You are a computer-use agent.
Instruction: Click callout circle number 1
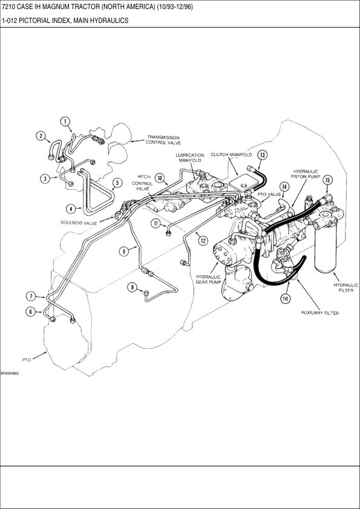click(65, 122)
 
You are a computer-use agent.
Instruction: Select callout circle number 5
click(117, 183)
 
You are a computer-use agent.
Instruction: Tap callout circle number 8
click(133, 287)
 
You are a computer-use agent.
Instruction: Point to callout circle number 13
click(262, 155)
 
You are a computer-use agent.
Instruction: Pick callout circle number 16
click(285, 299)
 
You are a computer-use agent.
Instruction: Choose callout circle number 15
click(327, 180)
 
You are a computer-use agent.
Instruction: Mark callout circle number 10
click(160, 178)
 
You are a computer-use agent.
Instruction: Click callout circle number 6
click(30, 312)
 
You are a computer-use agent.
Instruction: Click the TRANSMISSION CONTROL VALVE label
click(163, 140)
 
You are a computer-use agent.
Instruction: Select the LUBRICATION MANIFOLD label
click(190, 158)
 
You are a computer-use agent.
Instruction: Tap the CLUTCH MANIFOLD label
click(231, 155)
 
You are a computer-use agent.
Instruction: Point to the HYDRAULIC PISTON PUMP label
click(306, 173)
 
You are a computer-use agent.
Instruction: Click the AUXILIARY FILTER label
click(320, 313)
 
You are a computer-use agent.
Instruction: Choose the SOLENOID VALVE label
click(79, 223)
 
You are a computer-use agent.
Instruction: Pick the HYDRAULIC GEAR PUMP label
click(208, 279)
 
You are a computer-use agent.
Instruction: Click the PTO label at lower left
click(27, 360)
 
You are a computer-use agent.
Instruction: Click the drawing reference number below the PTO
click(10, 374)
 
